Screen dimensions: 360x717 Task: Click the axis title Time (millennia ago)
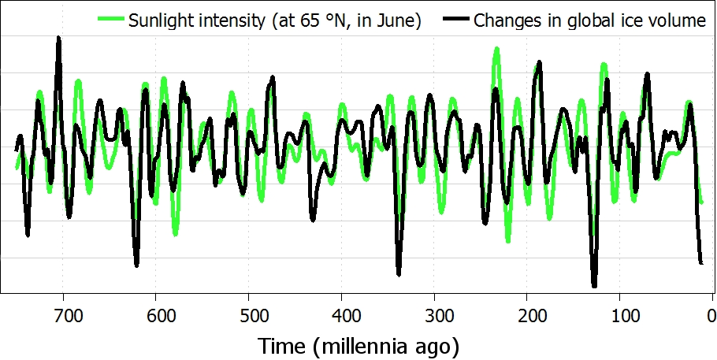coord(358,345)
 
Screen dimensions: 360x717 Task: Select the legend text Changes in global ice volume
coord(589,20)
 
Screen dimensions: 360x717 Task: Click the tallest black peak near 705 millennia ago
coord(58,39)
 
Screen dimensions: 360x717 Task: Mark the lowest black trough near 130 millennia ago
coord(594,284)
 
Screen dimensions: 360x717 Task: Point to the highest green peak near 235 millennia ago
coord(496,50)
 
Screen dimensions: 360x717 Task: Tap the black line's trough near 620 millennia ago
coord(136,264)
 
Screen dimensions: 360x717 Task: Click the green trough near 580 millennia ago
coord(175,233)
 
